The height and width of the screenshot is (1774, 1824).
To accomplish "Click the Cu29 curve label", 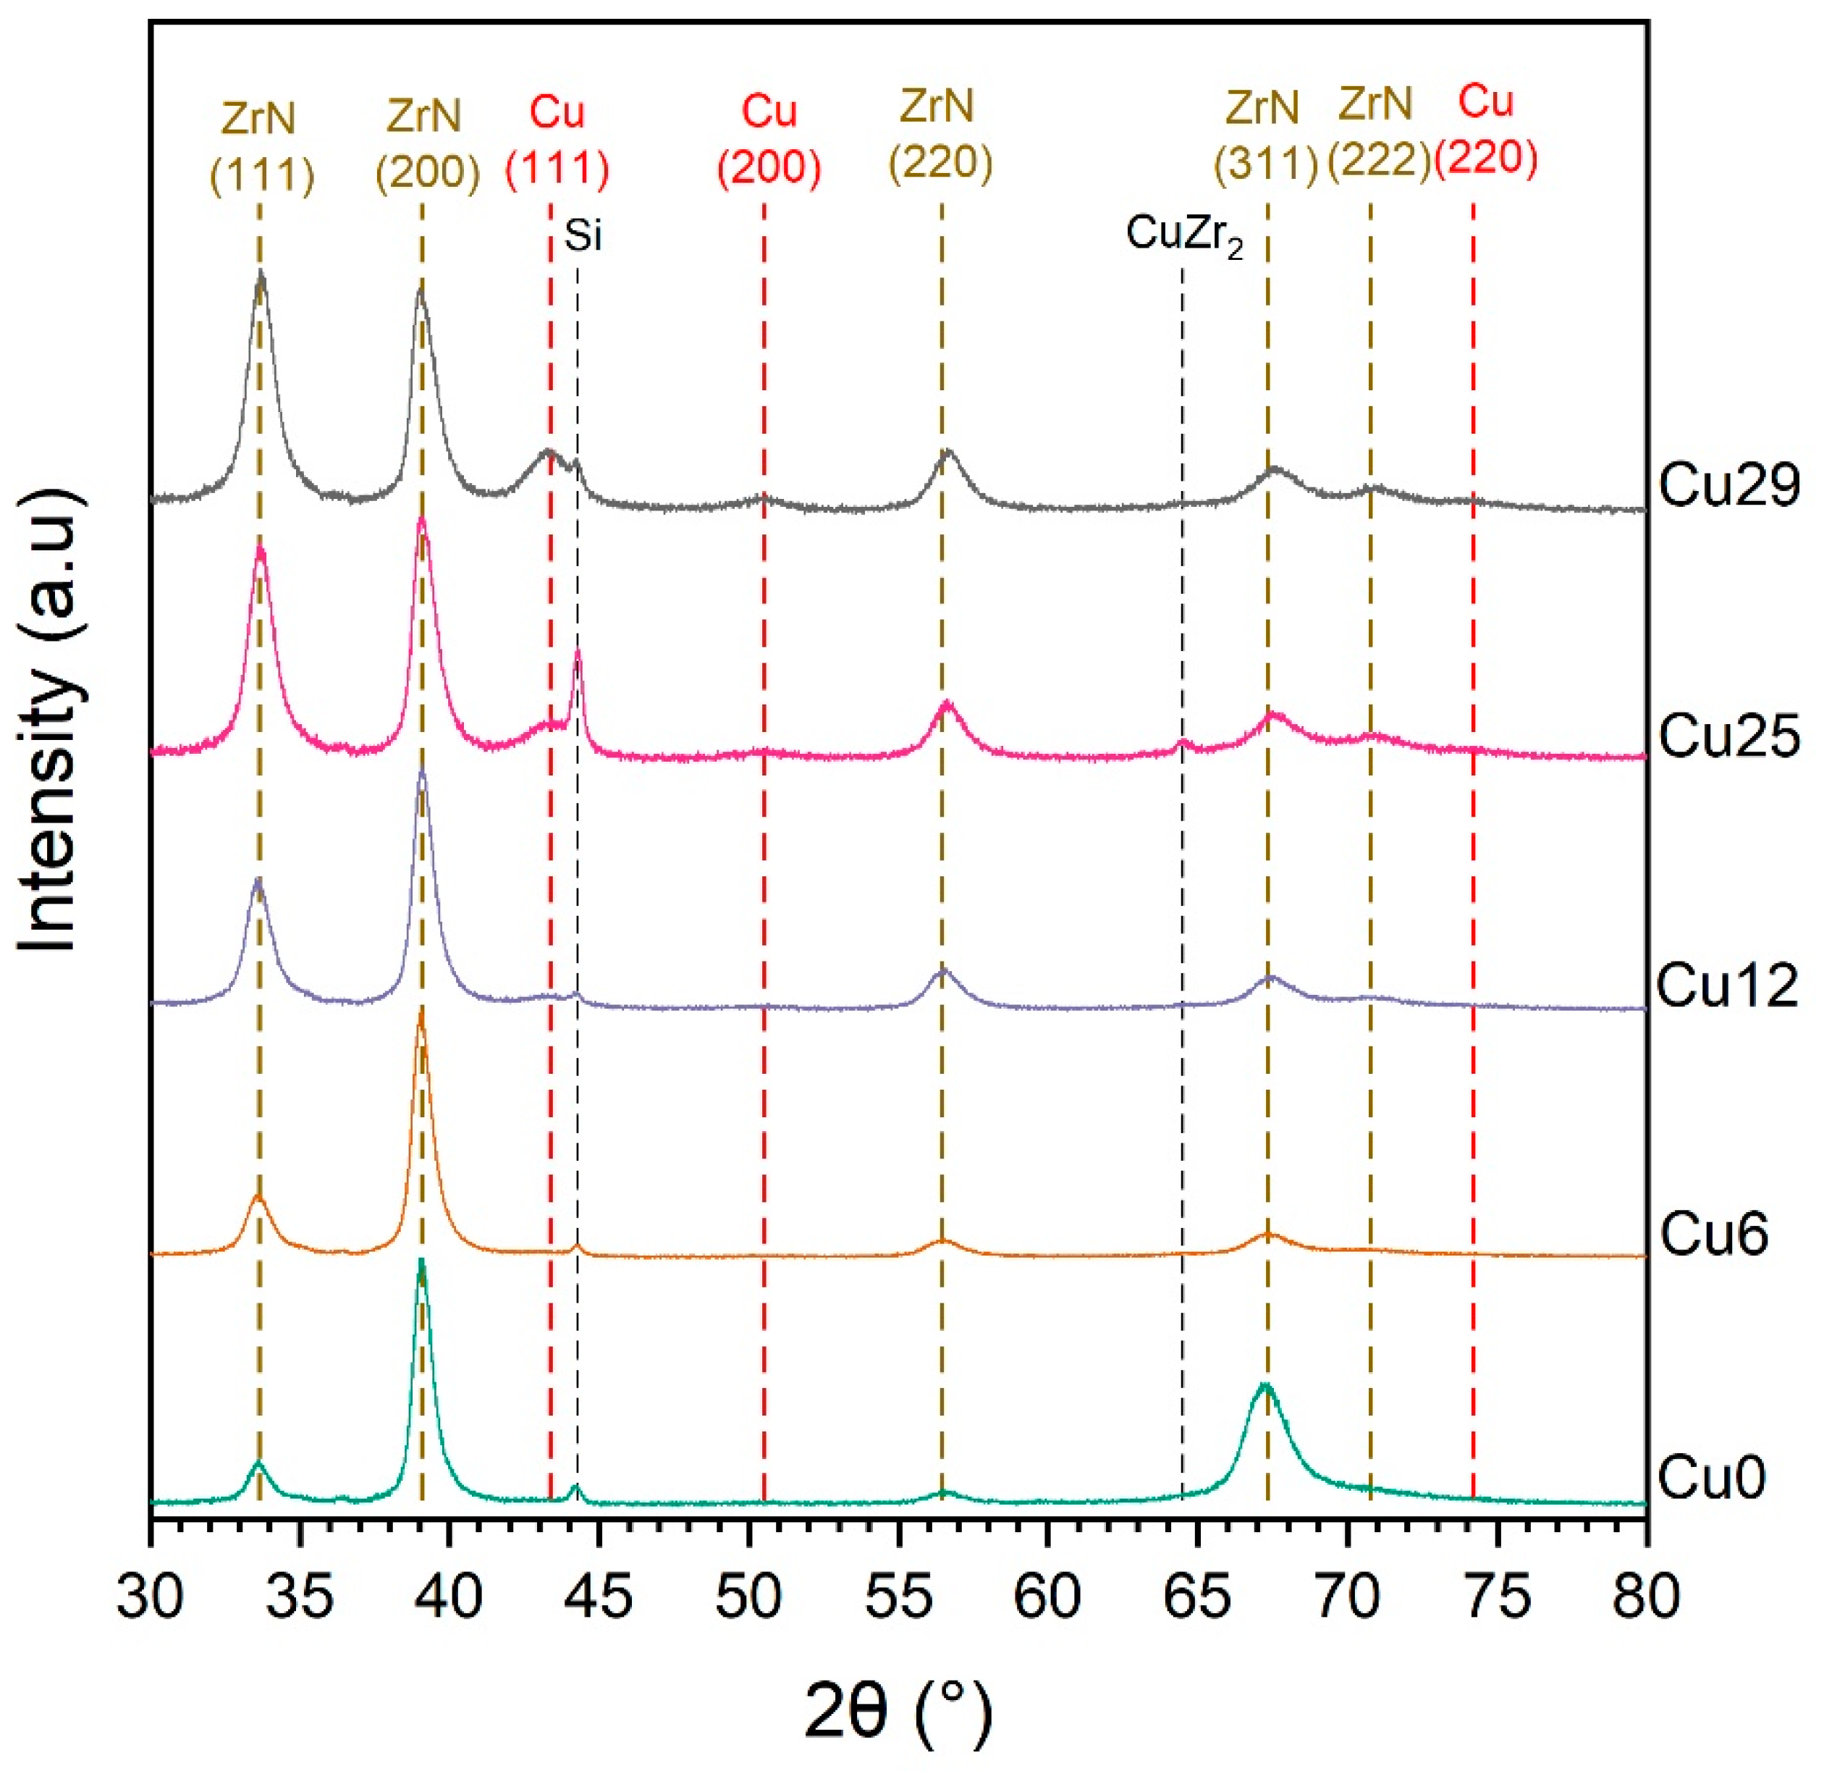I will pos(1728,487).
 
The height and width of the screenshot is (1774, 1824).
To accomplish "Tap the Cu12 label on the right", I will pos(1728,985).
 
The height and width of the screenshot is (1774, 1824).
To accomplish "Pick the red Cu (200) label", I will pos(769,140).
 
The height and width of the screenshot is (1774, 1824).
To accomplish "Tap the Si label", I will pos(583,237).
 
